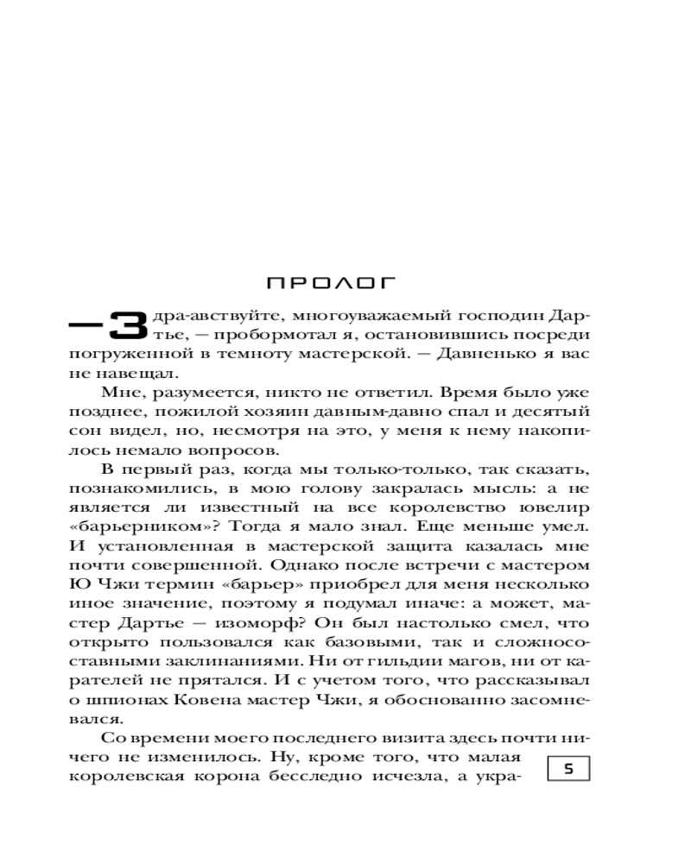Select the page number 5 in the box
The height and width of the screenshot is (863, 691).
[568, 768]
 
